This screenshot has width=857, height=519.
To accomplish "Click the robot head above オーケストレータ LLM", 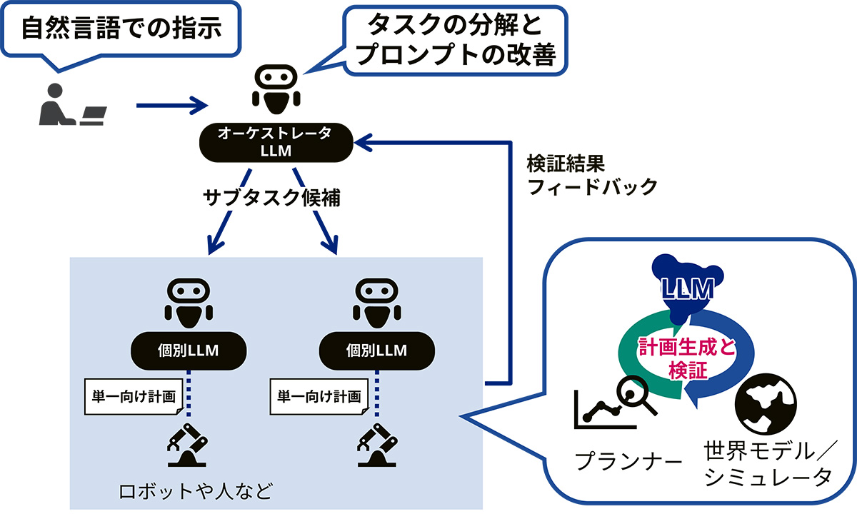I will [x=274, y=89].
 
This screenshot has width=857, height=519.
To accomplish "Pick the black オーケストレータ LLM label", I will [x=275, y=141].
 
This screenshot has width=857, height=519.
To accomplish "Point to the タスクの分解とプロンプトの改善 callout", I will [x=454, y=41].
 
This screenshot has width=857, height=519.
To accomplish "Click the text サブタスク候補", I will [x=270, y=198].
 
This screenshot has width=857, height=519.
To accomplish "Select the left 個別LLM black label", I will [x=188, y=350].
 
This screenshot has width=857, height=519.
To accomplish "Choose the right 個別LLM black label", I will [x=376, y=350].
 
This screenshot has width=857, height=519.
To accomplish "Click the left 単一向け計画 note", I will [x=132, y=396].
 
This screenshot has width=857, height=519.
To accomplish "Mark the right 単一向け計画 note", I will [x=319, y=396].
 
